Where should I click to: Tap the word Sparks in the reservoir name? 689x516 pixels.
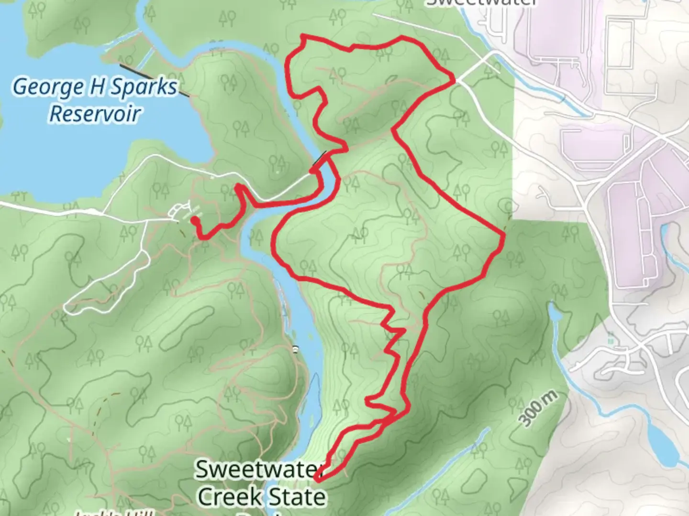(143, 88)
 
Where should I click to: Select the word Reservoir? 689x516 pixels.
(95, 114)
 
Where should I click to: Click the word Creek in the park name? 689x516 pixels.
(231, 497)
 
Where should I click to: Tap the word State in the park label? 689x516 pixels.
(297, 497)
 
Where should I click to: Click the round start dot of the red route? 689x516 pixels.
(194, 220)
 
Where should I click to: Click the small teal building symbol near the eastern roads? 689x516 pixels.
(610, 341)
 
